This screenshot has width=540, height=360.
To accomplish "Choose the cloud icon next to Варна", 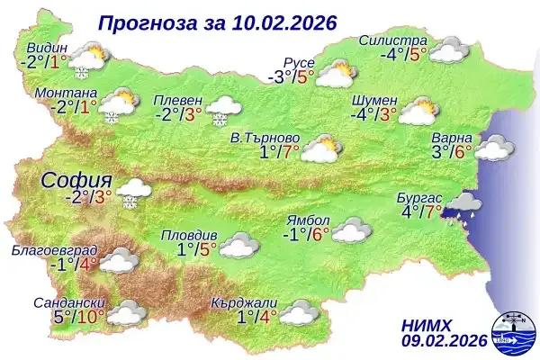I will [494, 147].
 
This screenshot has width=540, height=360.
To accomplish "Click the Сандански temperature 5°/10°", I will [77, 316].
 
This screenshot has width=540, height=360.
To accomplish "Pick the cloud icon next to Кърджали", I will [298, 314].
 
